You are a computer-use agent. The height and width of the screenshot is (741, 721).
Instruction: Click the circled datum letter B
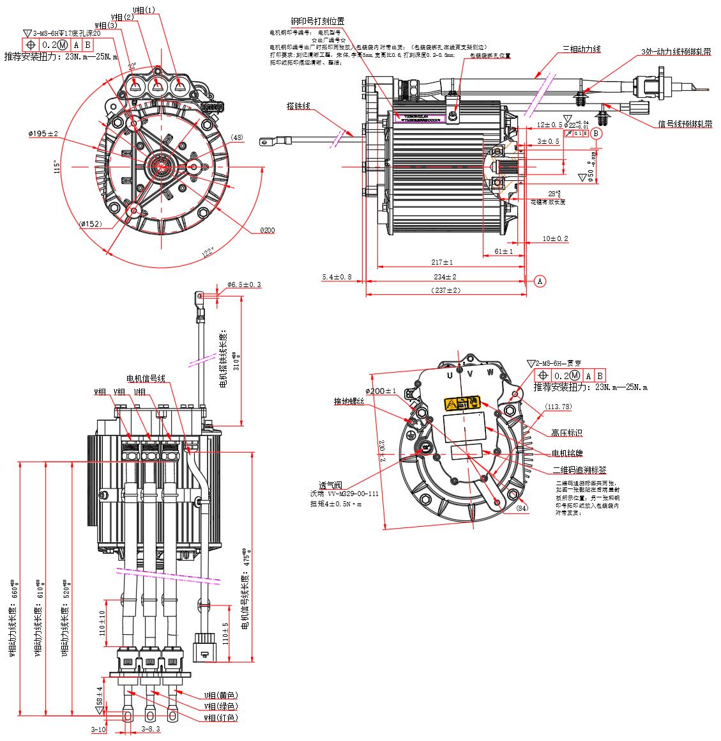pos(596,133)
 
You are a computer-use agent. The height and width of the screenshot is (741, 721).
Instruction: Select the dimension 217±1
pos(441,262)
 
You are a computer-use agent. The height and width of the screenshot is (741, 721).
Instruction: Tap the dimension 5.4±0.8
pos(337,277)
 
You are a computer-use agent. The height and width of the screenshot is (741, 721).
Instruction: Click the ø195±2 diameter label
pos(43,134)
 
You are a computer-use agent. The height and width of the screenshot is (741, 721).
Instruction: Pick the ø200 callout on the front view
pos(266,230)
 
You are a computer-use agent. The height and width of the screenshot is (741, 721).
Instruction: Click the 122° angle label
pos(208,253)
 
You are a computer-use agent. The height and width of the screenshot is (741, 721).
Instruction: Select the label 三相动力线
pos(581,49)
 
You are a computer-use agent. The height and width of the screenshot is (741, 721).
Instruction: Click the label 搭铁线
pos(298,105)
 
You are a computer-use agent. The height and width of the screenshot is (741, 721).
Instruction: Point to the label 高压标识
pos(566,433)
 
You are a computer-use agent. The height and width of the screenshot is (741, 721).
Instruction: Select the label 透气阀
pos(335,485)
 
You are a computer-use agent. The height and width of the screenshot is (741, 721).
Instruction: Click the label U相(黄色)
pos(220,696)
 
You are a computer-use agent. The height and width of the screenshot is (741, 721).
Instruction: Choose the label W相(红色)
pos(220,718)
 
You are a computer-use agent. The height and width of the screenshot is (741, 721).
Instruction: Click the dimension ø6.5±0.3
pos(244,285)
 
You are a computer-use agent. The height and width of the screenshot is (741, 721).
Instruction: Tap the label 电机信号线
pos(146,378)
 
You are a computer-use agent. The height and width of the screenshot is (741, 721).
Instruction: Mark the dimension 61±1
pos(504,251)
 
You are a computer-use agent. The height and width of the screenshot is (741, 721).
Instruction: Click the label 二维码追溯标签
pos(581,470)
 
